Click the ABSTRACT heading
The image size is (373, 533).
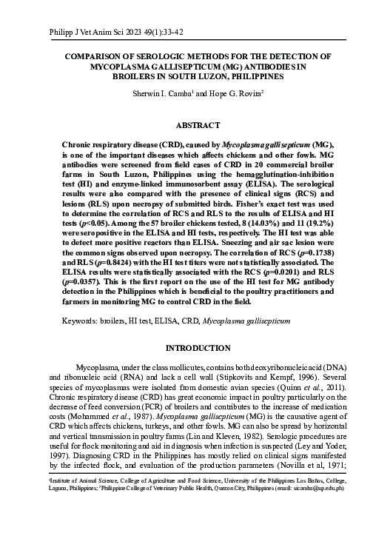(x=186, y=126)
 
